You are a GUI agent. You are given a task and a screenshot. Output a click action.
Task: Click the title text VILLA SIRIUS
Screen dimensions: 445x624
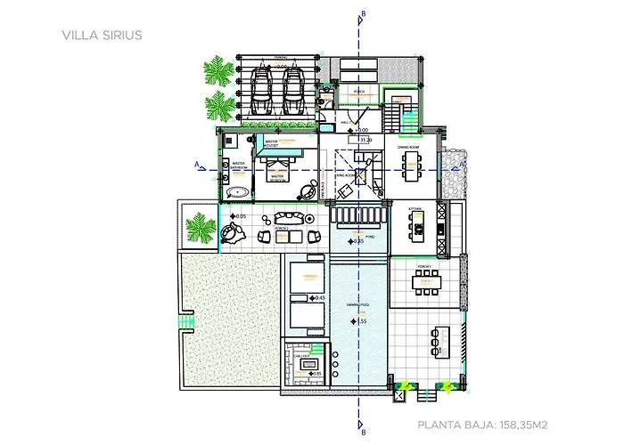pyautogui.click(x=102, y=36)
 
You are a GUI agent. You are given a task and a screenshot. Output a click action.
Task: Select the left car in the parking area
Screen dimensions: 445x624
pyautogui.click(x=263, y=90)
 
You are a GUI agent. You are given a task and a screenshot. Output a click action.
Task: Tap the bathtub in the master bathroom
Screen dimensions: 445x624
pyautogui.click(x=237, y=191)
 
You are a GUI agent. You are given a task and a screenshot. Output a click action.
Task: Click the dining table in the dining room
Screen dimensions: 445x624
pyautogui.click(x=412, y=163)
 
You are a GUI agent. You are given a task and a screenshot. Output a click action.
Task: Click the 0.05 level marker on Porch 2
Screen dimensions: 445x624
pyautogui.click(x=238, y=216)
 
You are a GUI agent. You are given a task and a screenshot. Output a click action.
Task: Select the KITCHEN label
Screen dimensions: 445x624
pyautogui.click(x=415, y=209)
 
